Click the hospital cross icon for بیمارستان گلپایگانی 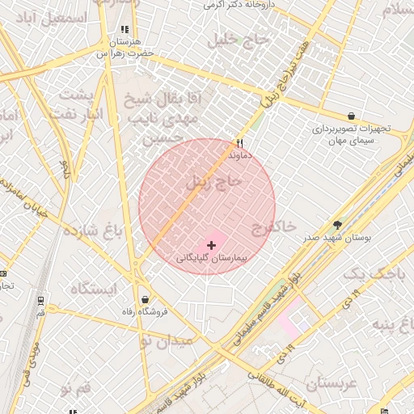point(212,245)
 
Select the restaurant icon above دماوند point(239,142)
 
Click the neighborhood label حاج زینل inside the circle point(213,183)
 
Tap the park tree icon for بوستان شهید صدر point(337,225)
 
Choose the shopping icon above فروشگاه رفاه point(144,298)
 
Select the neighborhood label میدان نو point(167,341)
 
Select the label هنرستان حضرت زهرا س point(125,48)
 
